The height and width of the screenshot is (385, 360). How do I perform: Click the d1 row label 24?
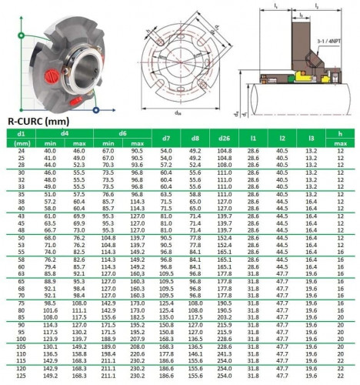[x=22, y=151]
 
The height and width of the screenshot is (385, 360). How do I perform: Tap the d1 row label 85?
[x=22, y=316]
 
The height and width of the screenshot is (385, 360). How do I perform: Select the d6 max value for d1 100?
[x=138, y=346]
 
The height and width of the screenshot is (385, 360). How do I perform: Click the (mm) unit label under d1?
[x=22, y=142]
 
